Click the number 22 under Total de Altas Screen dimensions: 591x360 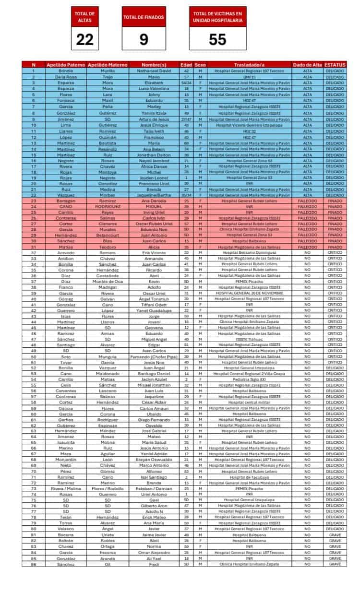(x=85, y=39)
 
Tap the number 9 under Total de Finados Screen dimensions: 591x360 (x=144, y=39)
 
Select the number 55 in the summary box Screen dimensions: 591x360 (x=217, y=39)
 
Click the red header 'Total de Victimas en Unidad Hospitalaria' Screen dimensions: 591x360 (x=217, y=18)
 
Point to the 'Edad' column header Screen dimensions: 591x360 (x=186, y=65)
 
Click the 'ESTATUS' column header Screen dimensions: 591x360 (x=335, y=65)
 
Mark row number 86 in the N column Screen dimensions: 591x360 (x=34, y=564)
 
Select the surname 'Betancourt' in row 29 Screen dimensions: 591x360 (x=108, y=235)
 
